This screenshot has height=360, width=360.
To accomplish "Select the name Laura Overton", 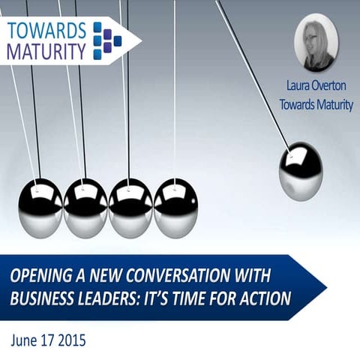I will pyautogui.click(x=315, y=88).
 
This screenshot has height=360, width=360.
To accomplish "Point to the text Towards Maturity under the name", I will pyautogui.click(x=315, y=105).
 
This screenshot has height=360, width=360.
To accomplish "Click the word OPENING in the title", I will pyautogui.click(x=40, y=277).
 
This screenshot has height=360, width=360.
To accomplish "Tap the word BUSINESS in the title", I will pyautogui.click(x=42, y=298).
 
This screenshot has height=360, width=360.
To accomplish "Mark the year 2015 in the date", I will pyautogui.click(x=70, y=340).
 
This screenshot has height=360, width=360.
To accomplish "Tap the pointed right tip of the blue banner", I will pyautogui.click(x=324, y=287).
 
